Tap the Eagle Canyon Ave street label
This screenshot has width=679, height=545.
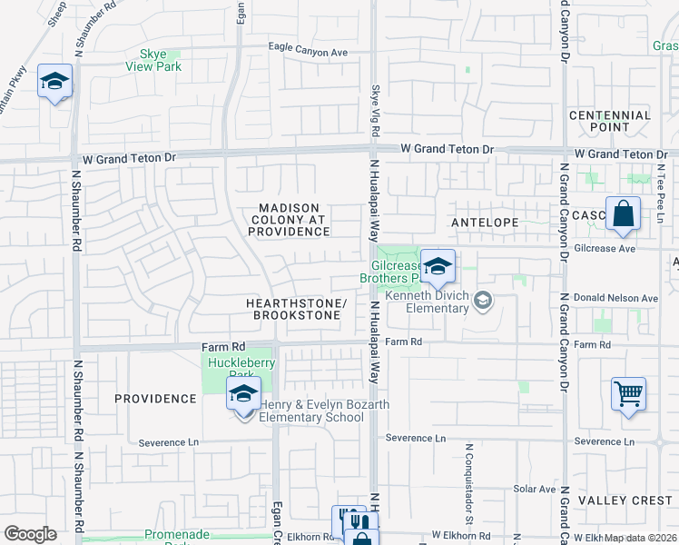pyautogui.click(x=308, y=52)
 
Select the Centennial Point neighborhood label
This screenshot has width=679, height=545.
pyautogui.click(x=610, y=121)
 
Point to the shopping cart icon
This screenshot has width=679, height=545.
pyautogui.click(x=628, y=394)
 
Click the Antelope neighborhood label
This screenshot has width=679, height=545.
pyautogui.click(x=484, y=223)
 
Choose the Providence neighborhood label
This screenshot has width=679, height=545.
pyautogui.click(x=155, y=399)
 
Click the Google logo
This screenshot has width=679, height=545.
pyautogui.click(x=30, y=533)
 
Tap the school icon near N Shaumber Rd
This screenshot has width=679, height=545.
pyautogui.click(x=54, y=82)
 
